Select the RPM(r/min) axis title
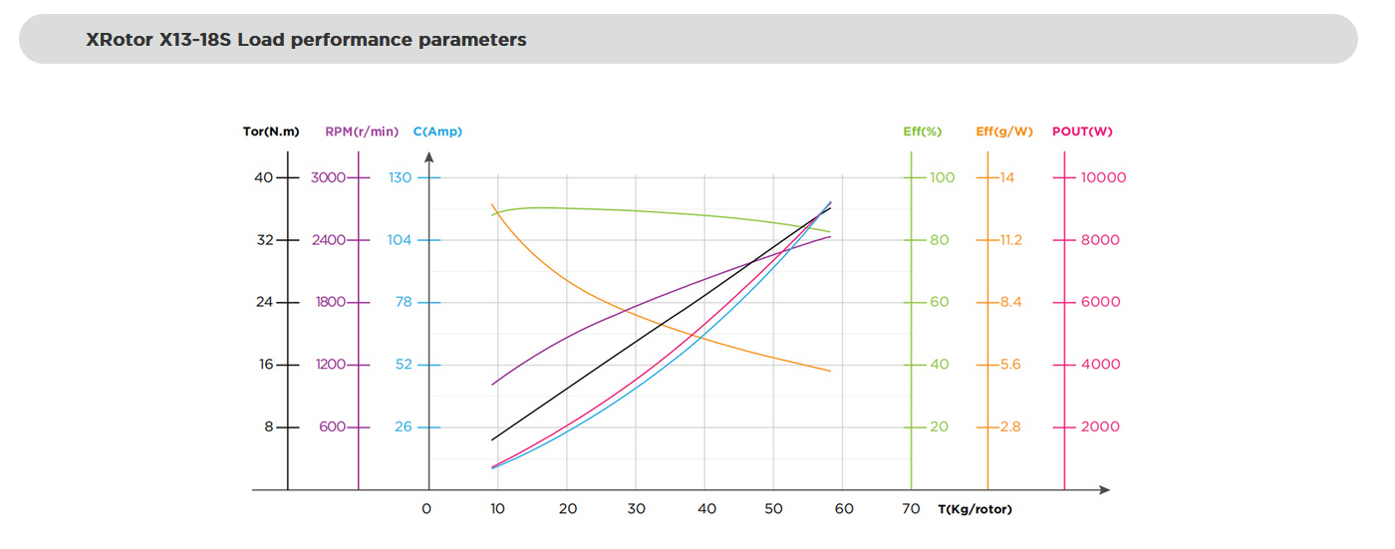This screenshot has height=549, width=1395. tap(361, 132)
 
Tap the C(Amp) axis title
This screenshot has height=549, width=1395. tap(437, 132)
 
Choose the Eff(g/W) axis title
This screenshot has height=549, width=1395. tap(1005, 132)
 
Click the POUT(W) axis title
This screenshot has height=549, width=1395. tap(1082, 132)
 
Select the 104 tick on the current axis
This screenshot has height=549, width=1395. tap(400, 240)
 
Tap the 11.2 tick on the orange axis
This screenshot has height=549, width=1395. tap(1010, 240)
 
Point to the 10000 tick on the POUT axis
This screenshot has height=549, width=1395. tap(1104, 177)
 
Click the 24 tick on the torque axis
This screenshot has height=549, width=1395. tap(264, 302)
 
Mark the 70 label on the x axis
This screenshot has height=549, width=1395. tap(912, 509)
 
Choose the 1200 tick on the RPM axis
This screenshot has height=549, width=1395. tap(330, 365)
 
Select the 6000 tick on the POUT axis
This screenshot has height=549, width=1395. tap(1101, 302)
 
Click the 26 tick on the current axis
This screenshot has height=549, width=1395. tap(403, 426)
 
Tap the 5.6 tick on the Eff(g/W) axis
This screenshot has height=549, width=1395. tap(1010, 365)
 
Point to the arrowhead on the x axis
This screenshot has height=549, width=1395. tap(1104, 490)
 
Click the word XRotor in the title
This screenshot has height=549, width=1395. tap(120, 41)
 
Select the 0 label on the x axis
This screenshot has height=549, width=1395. tap(426, 509)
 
